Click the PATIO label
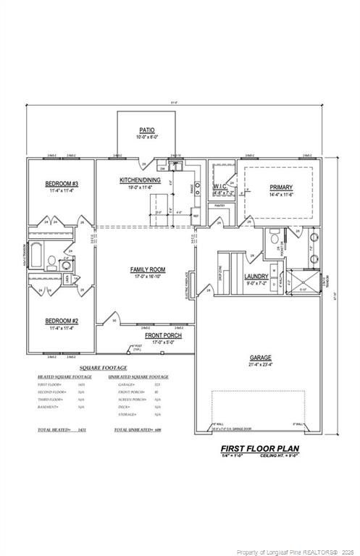[x=147, y=130]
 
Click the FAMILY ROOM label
[x=148, y=269]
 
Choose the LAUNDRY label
[x=256, y=277]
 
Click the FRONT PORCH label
[x=163, y=336]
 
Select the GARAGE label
[x=261, y=358]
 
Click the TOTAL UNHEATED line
[x=137, y=430]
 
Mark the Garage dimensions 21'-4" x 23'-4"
[x=261, y=365]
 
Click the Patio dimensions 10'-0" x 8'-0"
[x=147, y=137]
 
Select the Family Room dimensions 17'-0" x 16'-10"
[x=148, y=277]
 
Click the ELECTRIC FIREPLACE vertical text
[x=188, y=285]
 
